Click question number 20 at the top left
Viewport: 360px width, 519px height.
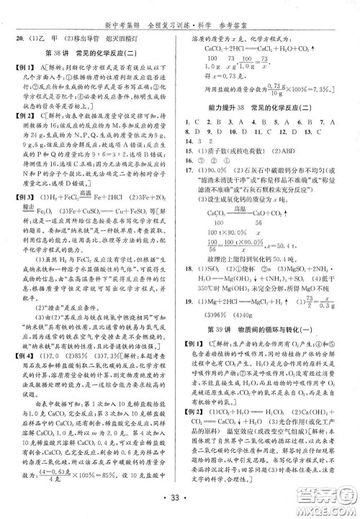point(21,37)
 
